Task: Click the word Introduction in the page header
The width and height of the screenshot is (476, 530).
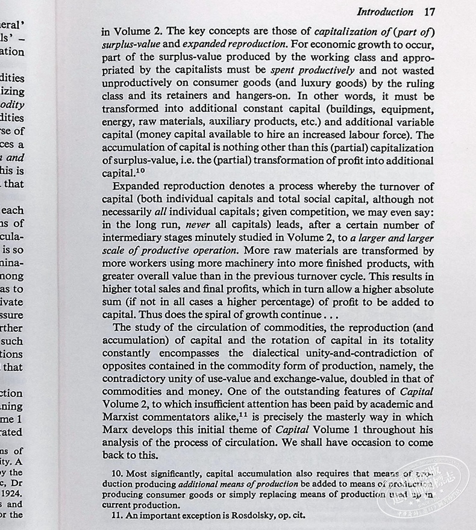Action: click(x=386, y=12)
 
